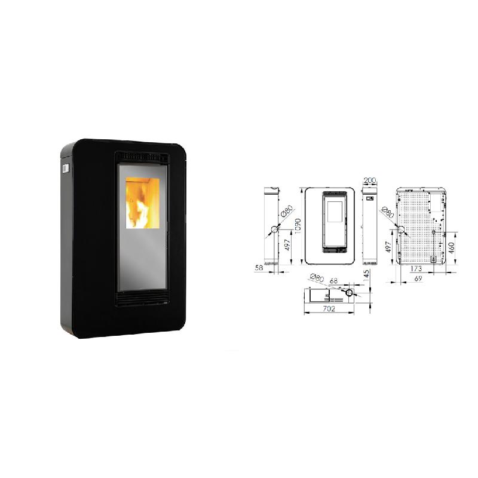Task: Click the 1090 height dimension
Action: [x=298, y=226]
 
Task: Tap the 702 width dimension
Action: [x=329, y=309]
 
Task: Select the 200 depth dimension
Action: [x=370, y=180]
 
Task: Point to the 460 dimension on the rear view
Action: [x=452, y=247]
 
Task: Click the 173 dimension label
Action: [x=416, y=268]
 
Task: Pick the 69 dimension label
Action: [x=418, y=278]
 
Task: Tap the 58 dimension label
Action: [x=259, y=268]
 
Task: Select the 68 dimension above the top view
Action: [x=333, y=281]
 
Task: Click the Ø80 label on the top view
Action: [x=317, y=278]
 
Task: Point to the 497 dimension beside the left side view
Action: [x=287, y=245]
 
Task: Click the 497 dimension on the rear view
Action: [x=388, y=247]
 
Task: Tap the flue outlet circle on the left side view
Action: [x=275, y=229]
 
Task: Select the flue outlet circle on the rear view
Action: [x=400, y=229]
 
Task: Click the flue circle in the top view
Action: [x=350, y=293]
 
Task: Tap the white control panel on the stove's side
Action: [x=65, y=168]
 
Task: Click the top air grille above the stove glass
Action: [x=142, y=158]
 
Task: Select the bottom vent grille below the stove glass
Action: [x=142, y=298]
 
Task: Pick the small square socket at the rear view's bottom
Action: [x=433, y=259]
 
